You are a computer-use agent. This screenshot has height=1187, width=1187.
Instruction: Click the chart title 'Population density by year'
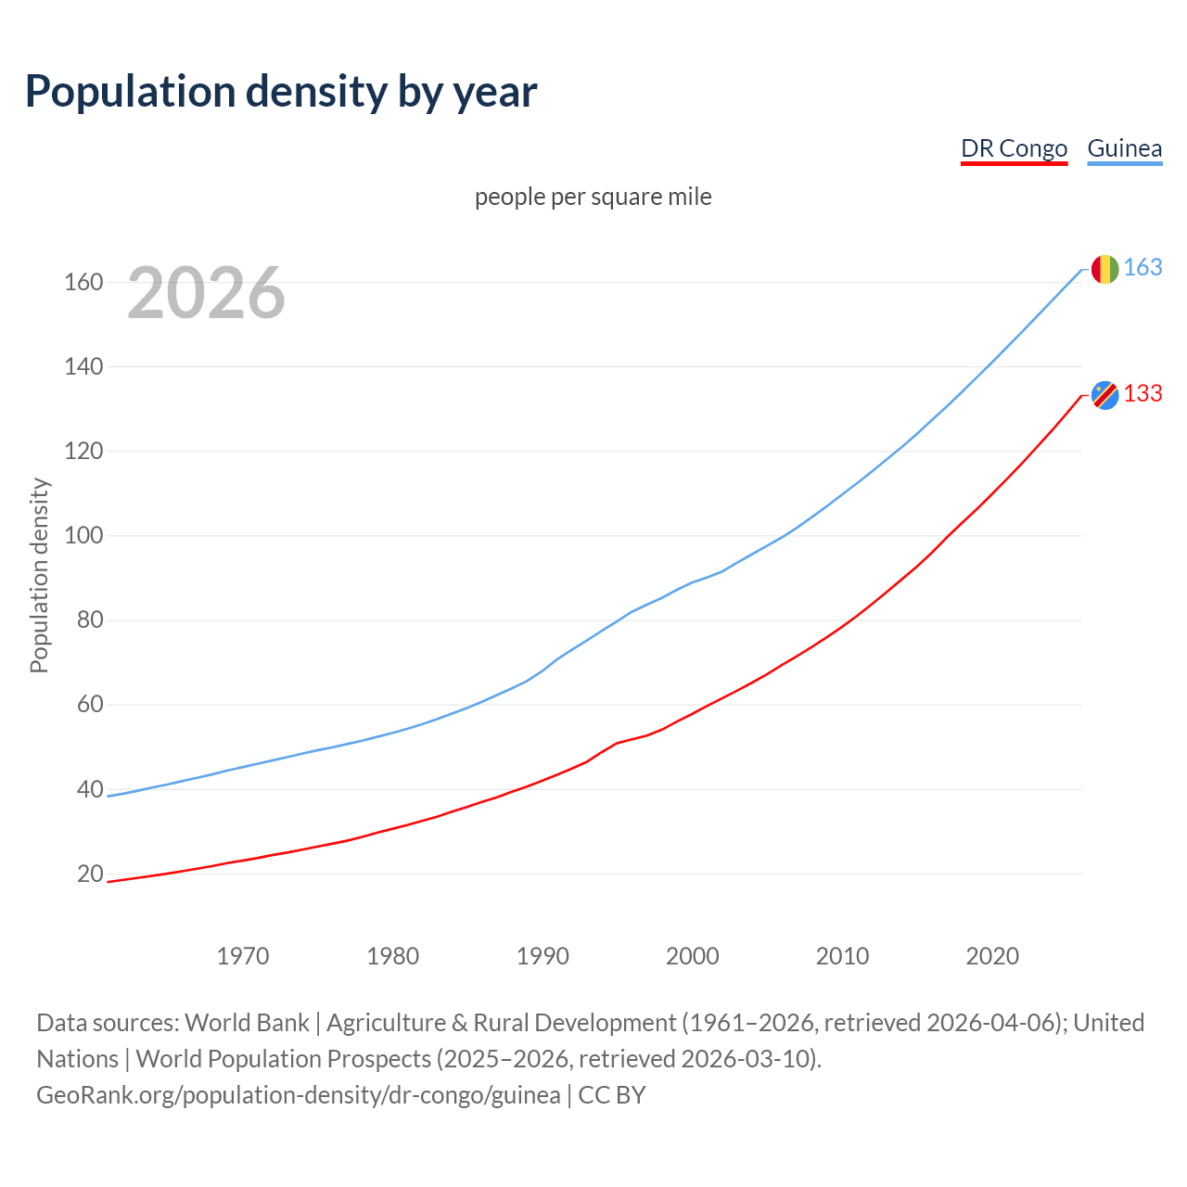tap(281, 91)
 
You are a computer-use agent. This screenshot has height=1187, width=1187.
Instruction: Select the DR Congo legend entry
tap(1014, 148)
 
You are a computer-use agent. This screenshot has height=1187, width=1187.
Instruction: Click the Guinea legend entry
tap(1124, 148)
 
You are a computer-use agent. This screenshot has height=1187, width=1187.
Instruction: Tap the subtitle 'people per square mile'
tap(593, 197)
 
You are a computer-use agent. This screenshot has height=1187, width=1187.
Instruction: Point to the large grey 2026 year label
tap(206, 293)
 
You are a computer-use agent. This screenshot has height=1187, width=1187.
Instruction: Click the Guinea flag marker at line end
tap(1104, 269)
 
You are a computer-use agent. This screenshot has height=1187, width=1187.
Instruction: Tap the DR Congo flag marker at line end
tap(1104, 395)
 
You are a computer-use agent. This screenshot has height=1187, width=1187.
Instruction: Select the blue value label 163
tap(1142, 267)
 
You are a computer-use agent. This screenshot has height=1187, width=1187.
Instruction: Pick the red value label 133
tap(1142, 393)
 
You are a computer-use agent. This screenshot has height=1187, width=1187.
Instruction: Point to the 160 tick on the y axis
tap(83, 282)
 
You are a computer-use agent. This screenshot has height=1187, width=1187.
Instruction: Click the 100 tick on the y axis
tap(83, 536)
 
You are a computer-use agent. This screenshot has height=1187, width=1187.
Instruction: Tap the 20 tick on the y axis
tap(90, 874)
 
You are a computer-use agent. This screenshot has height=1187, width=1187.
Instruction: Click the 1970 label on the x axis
tap(243, 955)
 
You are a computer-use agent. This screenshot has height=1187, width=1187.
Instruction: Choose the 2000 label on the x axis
tap(693, 955)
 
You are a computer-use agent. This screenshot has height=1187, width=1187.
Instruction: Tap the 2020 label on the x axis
tap(992, 955)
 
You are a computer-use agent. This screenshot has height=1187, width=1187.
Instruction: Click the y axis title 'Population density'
tap(39, 575)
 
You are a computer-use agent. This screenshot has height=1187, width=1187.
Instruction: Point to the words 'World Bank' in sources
tap(247, 1022)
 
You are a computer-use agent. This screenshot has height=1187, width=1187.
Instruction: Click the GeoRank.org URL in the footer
tap(298, 1094)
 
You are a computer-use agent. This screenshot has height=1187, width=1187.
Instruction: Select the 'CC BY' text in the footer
tap(612, 1094)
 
